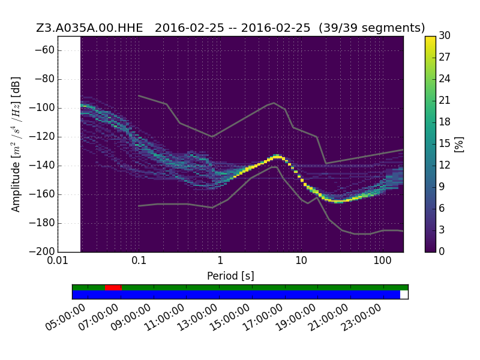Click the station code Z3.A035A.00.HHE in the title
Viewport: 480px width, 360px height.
[89, 28]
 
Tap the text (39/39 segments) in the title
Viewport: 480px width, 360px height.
[371, 28]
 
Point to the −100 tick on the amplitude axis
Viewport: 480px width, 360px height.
[41, 108]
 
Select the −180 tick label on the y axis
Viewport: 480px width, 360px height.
[41, 223]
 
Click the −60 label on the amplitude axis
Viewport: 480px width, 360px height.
[44, 50]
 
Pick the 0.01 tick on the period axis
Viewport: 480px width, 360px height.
[58, 260]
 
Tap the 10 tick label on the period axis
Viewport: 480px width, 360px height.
[301, 260]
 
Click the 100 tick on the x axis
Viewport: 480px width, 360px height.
[382, 260]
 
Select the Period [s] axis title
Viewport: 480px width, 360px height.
[230, 276]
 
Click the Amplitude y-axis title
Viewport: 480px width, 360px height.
[16, 144]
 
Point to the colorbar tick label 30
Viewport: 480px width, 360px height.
[445, 35]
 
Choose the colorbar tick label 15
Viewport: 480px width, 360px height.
[445, 143]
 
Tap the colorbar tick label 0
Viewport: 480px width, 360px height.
[442, 251]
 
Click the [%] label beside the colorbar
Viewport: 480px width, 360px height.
[459, 145]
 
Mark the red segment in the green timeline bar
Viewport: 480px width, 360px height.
[113, 287]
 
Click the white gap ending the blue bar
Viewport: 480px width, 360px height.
[404, 295]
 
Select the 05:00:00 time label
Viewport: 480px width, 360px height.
[65, 317]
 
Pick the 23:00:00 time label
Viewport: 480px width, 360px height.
[362, 317]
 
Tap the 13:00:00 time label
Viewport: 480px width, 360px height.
[197, 317]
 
